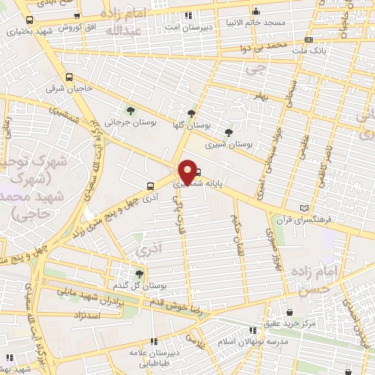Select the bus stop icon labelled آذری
149,185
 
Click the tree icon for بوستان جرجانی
130,111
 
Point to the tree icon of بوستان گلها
191,114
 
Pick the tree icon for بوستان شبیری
230,133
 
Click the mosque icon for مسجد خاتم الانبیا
256,12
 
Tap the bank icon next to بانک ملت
309,40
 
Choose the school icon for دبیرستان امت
189,15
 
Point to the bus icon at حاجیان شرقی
70,78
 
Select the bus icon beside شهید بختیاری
29,21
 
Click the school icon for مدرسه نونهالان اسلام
253,330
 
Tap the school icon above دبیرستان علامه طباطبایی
154,341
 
